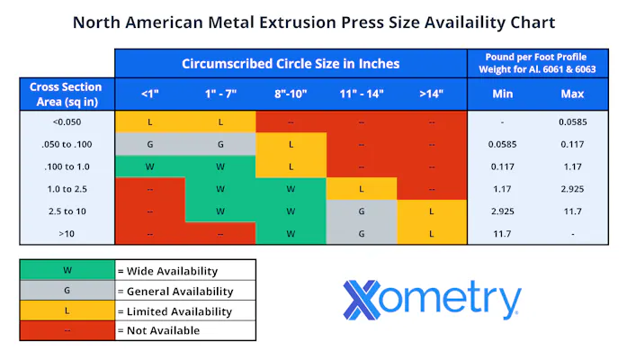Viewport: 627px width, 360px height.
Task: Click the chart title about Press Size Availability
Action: (313, 22)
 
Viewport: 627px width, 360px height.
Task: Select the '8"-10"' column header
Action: (291, 94)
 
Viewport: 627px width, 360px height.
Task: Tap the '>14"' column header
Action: (432, 94)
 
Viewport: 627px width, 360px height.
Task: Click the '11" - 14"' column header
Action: (361, 94)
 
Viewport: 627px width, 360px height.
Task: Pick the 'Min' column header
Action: (502, 94)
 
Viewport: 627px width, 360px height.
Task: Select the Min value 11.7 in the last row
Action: (502, 233)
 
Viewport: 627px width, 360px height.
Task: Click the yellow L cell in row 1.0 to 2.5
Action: (361, 188)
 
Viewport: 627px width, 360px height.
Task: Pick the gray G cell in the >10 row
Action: (361, 233)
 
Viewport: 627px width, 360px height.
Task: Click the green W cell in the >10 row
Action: (291, 233)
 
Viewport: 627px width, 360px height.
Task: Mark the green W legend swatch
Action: (67, 270)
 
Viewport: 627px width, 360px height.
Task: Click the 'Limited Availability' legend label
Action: (175, 311)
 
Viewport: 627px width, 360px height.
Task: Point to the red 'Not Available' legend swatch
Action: (67, 330)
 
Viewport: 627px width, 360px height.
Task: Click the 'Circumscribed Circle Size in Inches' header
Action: (291, 64)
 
